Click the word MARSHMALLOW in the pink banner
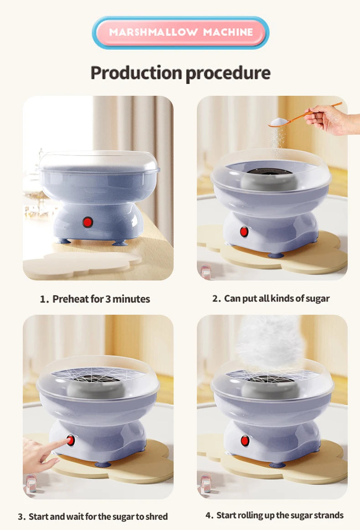(x=153, y=32)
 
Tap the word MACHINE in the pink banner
(x=228, y=32)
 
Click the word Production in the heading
(x=136, y=73)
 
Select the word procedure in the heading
(x=228, y=73)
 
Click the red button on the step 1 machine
(x=88, y=222)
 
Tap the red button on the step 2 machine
(x=244, y=232)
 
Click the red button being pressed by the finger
(x=71, y=441)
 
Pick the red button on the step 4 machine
(x=245, y=441)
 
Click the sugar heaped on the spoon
(x=279, y=122)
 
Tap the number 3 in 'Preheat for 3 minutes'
(x=108, y=299)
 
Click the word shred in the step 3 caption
(x=157, y=517)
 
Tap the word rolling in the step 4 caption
(x=251, y=515)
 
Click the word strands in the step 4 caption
(x=329, y=515)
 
